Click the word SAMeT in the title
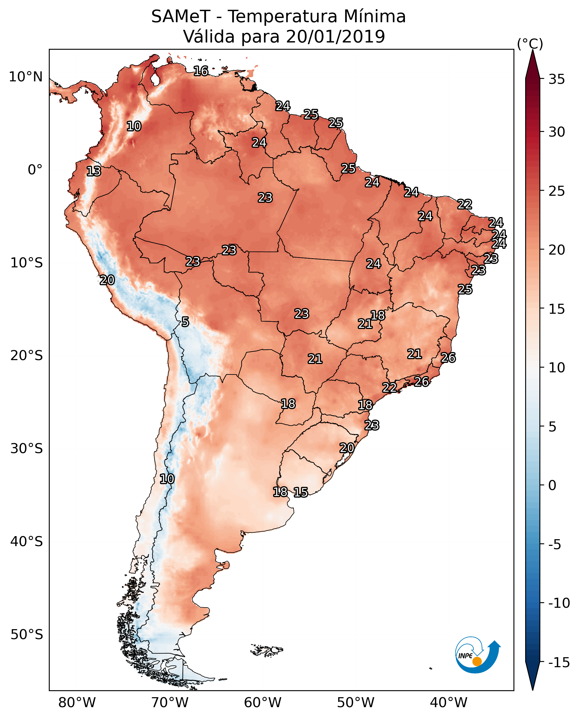click(180, 17)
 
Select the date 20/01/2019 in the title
click(335, 37)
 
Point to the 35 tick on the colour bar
click(557, 79)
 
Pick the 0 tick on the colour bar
click(552, 485)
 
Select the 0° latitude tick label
click(35, 170)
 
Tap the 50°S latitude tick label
click(27, 634)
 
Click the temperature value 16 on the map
click(201, 71)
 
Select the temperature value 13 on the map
click(94, 171)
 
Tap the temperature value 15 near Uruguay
click(301, 492)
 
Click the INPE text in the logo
click(465, 656)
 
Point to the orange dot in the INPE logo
click(477, 661)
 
